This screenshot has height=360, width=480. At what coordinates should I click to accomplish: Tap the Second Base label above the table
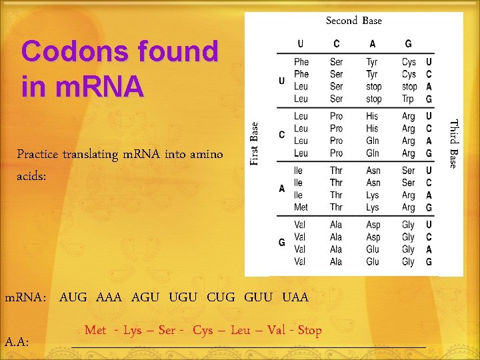click(x=353, y=21)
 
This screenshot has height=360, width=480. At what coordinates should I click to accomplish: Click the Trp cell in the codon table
click(x=408, y=99)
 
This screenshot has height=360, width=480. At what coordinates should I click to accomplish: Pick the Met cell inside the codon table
click(x=301, y=207)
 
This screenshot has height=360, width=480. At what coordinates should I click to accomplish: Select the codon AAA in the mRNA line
click(x=109, y=297)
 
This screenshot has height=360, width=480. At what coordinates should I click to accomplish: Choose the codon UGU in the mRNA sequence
click(x=183, y=297)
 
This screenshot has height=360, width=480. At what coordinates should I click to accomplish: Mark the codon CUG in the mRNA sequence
click(x=221, y=297)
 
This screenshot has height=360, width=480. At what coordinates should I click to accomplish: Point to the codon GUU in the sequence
click(x=259, y=297)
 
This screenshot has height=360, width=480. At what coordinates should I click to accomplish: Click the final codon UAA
click(x=295, y=297)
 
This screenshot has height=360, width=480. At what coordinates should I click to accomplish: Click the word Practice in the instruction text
click(x=38, y=155)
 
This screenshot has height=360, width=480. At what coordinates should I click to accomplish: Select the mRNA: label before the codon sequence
click(x=25, y=298)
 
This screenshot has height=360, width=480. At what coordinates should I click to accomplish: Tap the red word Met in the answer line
click(x=95, y=330)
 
